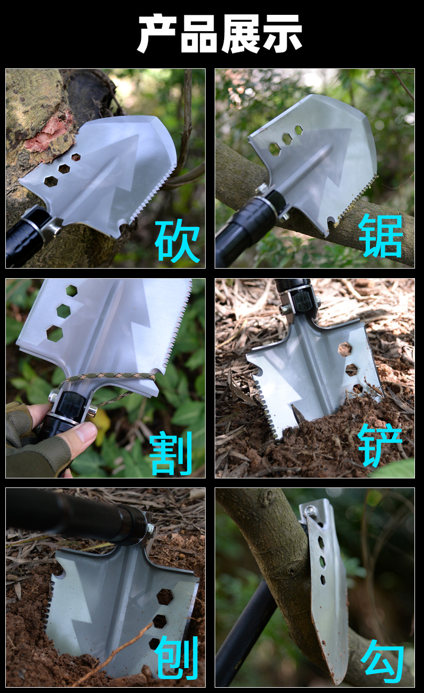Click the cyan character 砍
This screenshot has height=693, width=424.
click(178, 241)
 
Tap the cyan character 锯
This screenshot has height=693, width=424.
click(381, 236)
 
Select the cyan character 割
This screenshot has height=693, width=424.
click(171, 453)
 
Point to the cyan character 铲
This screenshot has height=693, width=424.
click(380, 445)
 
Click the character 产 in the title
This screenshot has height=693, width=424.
click(157, 33)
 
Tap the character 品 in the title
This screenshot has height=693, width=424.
click(199, 33)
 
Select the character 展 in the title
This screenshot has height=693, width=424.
click(240, 33)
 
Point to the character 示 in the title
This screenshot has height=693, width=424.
click(282, 33)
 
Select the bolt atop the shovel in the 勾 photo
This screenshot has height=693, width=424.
click(309, 510)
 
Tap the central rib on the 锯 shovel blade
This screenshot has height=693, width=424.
click(305, 168)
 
